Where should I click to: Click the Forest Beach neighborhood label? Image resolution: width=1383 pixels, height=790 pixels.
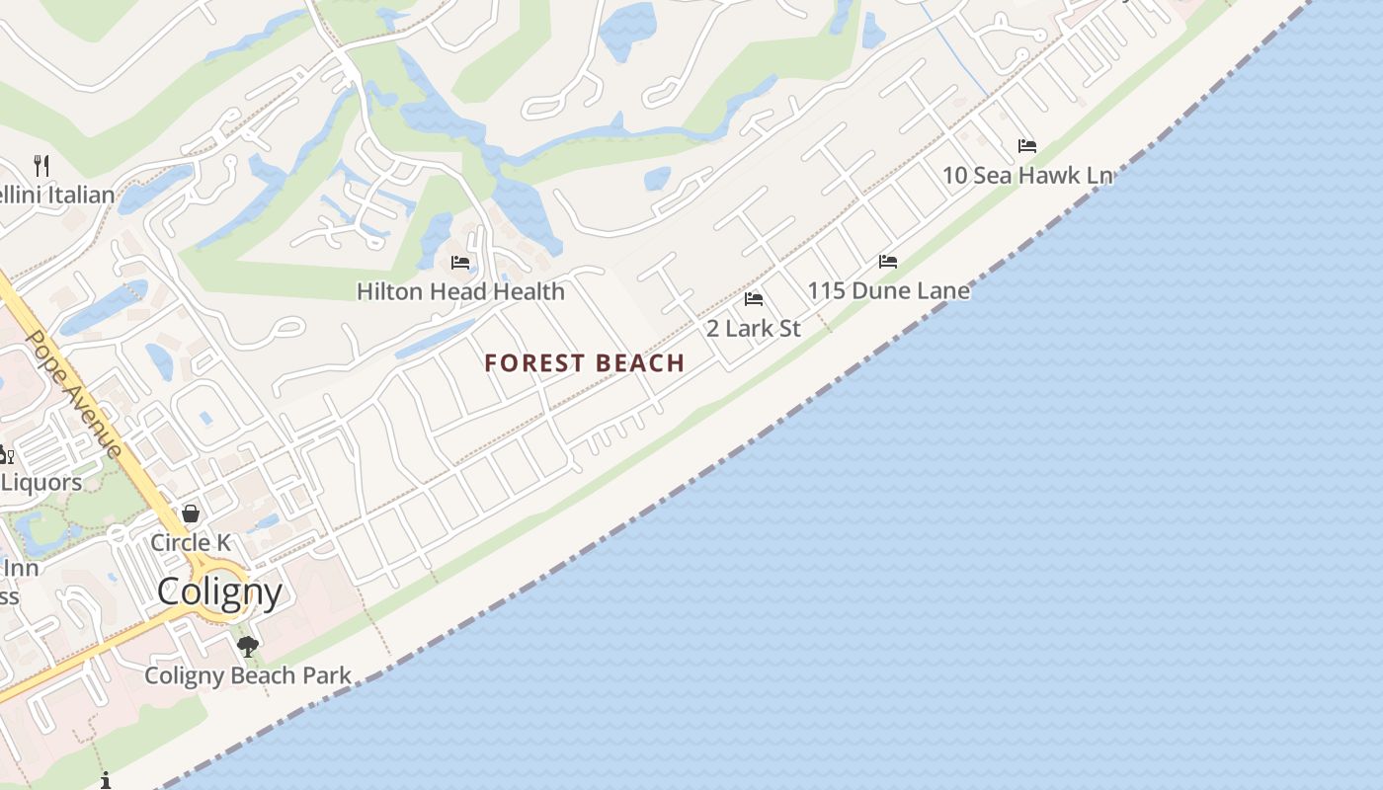(585, 363)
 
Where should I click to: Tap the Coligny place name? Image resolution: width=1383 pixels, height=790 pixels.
(219, 592)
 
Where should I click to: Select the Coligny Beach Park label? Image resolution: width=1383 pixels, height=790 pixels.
(248, 675)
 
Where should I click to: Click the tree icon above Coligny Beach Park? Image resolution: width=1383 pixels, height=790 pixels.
(248, 647)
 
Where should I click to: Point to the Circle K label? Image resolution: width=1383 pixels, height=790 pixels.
(191, 542)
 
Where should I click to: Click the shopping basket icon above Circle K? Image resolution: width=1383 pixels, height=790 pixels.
(191, 513)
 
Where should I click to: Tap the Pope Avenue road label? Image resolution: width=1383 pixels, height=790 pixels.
(73, 393)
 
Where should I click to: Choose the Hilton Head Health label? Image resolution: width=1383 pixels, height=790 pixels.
(460, 291)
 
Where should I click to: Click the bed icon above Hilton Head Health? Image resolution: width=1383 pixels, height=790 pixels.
(460, 263)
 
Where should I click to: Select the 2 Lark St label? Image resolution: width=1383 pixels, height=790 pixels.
(754, 328)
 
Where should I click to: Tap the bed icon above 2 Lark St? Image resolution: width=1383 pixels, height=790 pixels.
(754, 299)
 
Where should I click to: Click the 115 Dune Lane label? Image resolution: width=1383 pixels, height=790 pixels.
(888, 290)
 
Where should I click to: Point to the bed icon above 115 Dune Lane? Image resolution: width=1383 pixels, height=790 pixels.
(888, 262)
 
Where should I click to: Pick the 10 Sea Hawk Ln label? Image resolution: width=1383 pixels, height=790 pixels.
(1027, 176)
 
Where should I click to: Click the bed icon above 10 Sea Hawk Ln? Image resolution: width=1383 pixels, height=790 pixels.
(1027, 146)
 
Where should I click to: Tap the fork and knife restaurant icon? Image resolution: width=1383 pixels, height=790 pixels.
(41, 165)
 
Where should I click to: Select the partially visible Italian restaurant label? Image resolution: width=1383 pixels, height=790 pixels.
(57, 195)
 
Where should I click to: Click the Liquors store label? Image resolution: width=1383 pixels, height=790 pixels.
(41, 482)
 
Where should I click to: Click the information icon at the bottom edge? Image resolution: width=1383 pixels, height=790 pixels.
(106, 781)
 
